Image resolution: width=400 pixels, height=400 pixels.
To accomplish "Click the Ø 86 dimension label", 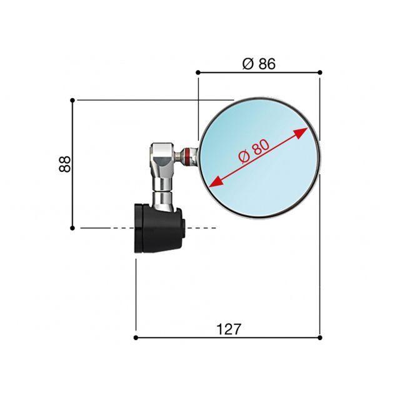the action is tap(259, 64).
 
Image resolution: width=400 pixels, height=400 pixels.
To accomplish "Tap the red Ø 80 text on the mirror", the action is tap(254, 152).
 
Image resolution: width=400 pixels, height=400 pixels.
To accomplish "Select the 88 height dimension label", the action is tap(64, 164).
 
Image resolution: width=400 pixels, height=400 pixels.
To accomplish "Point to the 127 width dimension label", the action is tap(229, 329).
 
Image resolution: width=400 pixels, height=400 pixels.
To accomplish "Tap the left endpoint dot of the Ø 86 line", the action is tap(198, 72).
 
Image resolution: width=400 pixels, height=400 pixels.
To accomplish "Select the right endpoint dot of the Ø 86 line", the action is tap(320, 72).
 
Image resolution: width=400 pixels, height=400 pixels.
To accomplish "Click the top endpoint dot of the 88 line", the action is tap(72, 100).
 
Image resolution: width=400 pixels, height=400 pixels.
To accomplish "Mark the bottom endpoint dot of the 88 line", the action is tap(72, 227).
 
